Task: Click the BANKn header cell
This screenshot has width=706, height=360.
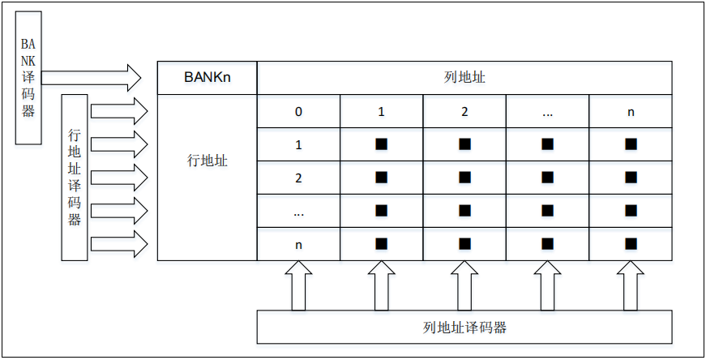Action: [207, 78]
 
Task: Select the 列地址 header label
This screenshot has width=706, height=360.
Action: [464, 78]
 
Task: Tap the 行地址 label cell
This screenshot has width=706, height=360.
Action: [207, 161]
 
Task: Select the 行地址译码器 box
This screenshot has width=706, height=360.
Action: [75, 176]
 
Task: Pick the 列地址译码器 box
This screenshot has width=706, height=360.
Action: [464, 328]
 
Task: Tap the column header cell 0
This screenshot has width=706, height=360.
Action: [298, 112]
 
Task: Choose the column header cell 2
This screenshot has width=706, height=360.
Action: [464, 112]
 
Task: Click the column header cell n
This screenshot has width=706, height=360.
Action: [631, 112]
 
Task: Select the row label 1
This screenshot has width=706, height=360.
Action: [298, 145]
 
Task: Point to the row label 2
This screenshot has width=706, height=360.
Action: [298, 178]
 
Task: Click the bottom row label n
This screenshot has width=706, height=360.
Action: [298, 243]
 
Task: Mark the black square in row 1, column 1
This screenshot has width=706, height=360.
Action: [381, 144]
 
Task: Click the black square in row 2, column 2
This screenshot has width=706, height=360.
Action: [464, 178]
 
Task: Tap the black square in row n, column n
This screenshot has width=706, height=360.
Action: [631, 243]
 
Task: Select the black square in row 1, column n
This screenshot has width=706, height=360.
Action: [631, 144]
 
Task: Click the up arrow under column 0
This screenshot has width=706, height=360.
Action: [298, 286]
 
